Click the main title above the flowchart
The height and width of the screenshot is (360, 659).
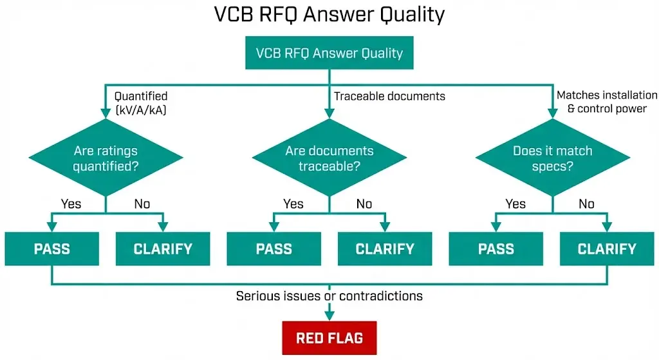point(329,14)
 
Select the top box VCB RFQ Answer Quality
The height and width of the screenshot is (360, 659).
point(329,53)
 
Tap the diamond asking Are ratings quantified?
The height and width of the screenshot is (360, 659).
point(106,158)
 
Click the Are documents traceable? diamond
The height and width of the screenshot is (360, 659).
point(329,158)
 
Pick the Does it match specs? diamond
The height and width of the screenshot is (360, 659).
point(552,158)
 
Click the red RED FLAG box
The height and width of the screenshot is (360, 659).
point(329,338)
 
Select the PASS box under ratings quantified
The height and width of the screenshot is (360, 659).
point(51,249)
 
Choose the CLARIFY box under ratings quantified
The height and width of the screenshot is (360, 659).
point(163,249)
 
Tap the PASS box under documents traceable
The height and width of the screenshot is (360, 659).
point(274,249)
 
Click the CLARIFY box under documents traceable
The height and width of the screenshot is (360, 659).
point(385,249)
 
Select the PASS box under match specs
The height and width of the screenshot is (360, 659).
point(496,249)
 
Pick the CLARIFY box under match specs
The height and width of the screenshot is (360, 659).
point(607,249)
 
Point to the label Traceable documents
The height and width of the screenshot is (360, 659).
point(389,96)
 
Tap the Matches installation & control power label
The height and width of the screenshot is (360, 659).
point(606,102)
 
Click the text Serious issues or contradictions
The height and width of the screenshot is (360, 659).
point(329,296)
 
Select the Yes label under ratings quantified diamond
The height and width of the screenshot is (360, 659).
point(71,204)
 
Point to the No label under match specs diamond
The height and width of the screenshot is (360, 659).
point(586,204)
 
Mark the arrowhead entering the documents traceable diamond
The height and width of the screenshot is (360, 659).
point(329,114)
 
